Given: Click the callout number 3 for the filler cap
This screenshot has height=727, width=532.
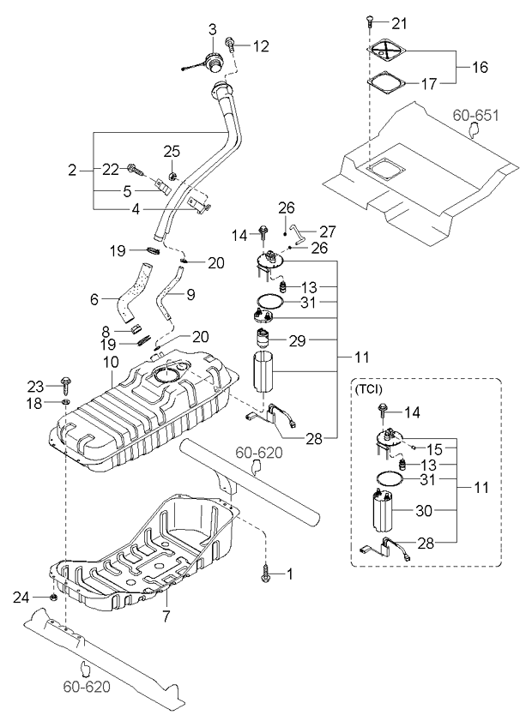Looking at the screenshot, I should [212, 31].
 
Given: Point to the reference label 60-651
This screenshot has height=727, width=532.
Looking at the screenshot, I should [475, 114].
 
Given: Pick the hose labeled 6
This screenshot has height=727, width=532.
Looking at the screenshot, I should [136, 291].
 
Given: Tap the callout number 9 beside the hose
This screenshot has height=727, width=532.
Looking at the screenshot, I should [190, 293].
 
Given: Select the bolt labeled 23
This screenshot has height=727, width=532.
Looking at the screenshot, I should [66, 383].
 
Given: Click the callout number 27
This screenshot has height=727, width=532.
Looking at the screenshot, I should [328, 231].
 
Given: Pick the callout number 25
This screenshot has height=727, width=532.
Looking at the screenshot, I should [172, 151].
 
